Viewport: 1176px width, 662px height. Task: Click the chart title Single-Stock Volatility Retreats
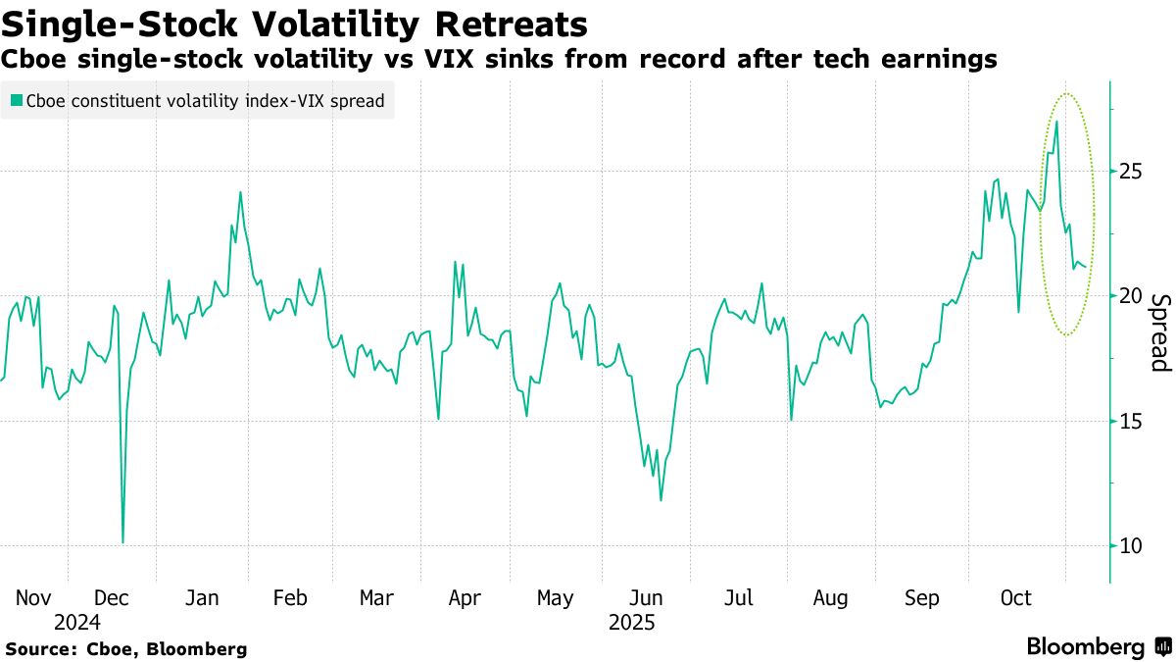coord(295,24)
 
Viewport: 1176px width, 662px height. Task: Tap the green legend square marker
coord(16,100)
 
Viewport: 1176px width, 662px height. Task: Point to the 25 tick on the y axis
coord(1130,172)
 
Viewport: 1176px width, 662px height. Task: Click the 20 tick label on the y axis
coord(1130,296)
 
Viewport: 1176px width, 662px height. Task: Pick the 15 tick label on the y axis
coord(1130,421)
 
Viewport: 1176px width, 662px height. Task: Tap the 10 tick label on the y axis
coord(1130,545)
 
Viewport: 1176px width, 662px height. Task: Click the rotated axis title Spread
coord(1159,332)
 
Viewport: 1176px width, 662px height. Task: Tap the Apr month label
coord(464,598)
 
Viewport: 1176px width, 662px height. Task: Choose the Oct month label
coord(1016,598)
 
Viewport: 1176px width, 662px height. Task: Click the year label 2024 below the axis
coord(77,622)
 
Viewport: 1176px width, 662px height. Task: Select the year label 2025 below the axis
coord(631,622)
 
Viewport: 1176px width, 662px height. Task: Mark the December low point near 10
coord(122,541)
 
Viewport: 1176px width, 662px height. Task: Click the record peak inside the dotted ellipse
coord(1056,122)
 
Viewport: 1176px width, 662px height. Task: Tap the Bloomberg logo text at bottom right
coord(1085,647)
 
